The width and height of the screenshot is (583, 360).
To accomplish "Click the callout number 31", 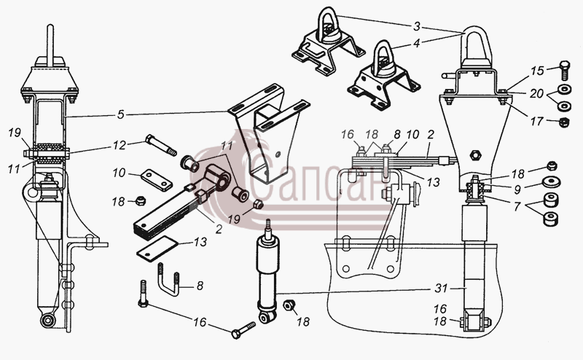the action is tap(442, 289).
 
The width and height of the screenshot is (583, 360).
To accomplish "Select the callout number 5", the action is tap(120, 114).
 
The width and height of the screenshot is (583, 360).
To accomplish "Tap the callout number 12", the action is tap(120, 145).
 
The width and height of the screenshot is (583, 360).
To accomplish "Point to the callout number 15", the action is tap(537, 71).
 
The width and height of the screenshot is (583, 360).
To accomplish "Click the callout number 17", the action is tap(536, 121).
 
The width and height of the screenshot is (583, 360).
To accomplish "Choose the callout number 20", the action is tap(536, 94).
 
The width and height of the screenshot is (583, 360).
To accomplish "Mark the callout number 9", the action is tap(517, 189).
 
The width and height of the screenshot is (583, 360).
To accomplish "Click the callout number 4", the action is tap(416, 43).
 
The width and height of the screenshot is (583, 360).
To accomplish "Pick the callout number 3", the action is tap(417, 26).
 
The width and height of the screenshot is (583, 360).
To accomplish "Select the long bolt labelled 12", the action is tap(161, 145).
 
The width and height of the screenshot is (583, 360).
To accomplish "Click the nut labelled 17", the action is tap(564, 122).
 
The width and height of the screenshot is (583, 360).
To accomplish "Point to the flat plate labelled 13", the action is tap(157, 249).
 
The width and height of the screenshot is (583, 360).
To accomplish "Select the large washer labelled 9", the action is tap(551, 183).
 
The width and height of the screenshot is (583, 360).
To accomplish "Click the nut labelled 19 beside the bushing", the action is tap(258, 204).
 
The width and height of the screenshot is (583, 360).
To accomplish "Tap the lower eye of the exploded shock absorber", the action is tap(267, 318).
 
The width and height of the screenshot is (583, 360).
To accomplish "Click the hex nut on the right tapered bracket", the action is tap(476, 154).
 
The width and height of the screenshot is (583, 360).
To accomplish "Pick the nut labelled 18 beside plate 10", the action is tap(140, 201).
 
